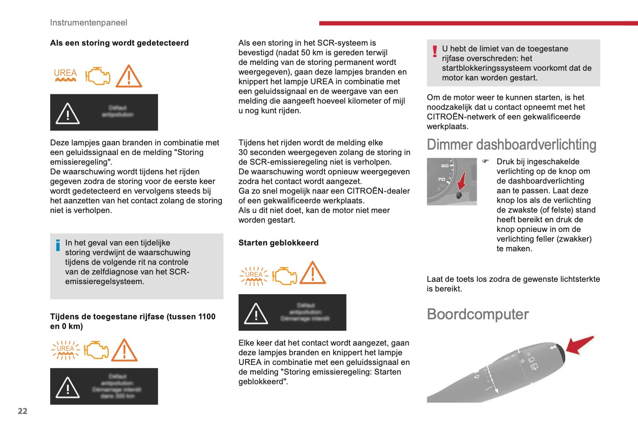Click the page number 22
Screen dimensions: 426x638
coord(22,411)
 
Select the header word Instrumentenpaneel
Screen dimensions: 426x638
coord(88,22)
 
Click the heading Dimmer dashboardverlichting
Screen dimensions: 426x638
coord(511,145)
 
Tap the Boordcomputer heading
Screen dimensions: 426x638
coord(477,314)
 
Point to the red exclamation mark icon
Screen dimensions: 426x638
coord(435,51)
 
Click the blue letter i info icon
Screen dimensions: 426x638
coord(58,245)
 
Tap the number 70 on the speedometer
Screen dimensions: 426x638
coord(441,179)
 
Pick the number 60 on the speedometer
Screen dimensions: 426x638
coord(445,166)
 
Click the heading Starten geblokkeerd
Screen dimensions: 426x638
coord(278,243)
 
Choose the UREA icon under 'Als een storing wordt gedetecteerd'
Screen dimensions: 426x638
coord(65,75)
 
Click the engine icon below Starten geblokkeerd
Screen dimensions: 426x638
coord(284,276)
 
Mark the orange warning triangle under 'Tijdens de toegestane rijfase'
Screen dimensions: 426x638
coord(124,351)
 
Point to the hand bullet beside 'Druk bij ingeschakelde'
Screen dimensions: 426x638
coord(486,161)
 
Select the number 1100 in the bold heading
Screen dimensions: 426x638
coord(206,317)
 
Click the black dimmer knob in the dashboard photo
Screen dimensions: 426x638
coord(459,195)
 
